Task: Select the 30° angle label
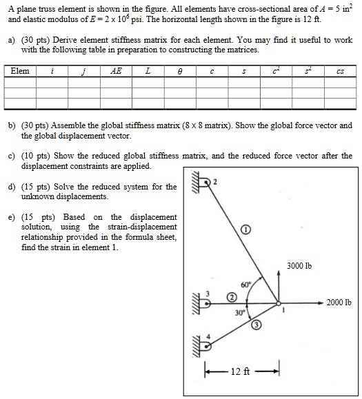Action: tap(239, 312)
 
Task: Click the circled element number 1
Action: tap(246, 229)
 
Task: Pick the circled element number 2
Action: tap(232, 297)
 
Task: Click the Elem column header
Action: tap(20, 71)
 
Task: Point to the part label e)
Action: tap(12, 216)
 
